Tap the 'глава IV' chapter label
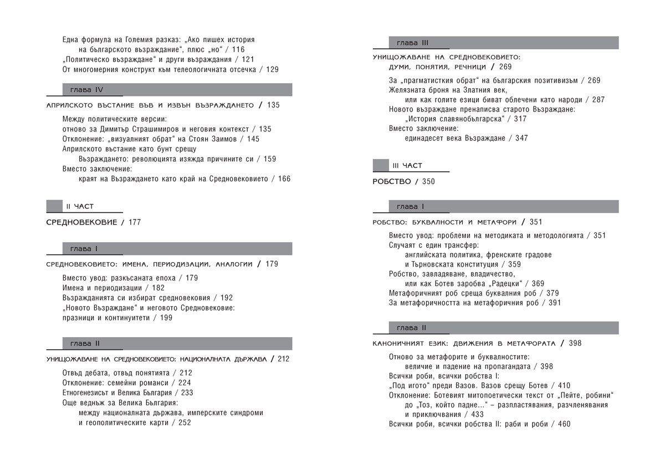[x=87, y=90]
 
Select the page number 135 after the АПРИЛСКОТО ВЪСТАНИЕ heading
[x=273, y=105]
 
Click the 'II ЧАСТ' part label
[x=80, y=206]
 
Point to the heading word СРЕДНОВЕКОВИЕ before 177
[x=81, y=222]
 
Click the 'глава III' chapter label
[x=412, y=43]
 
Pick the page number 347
[x=521, y=138]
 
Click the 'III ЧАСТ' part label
[x=407, y=165]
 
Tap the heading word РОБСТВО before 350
[x=392, y=181]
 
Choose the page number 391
[x=554, y=303]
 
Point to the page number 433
[x=477, y=415]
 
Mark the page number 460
[x=564, y=424]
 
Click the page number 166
[x=284, y=179]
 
